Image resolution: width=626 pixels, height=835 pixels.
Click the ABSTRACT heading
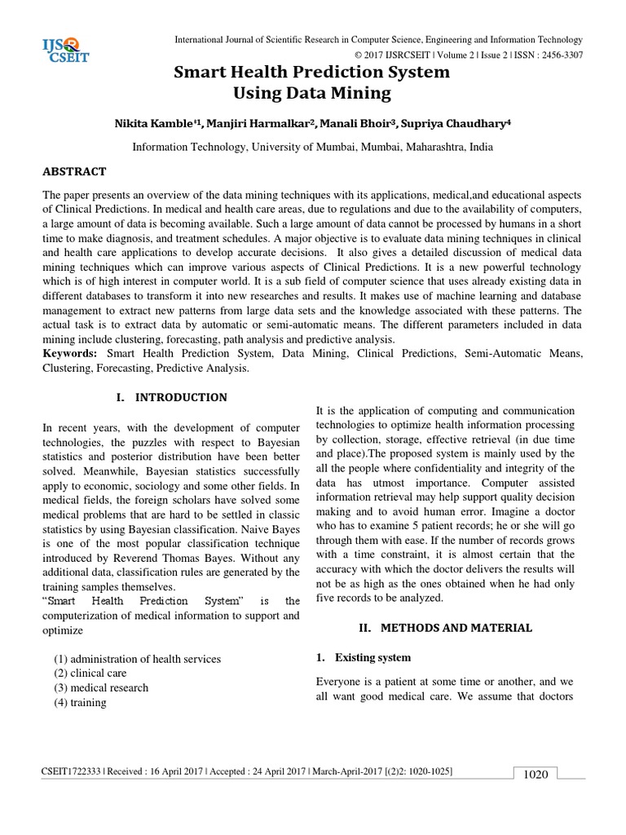(x=74, y=172)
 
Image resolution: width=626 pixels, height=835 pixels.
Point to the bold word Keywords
(x=69, y=354)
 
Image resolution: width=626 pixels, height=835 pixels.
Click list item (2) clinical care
(x=95, y=673)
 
